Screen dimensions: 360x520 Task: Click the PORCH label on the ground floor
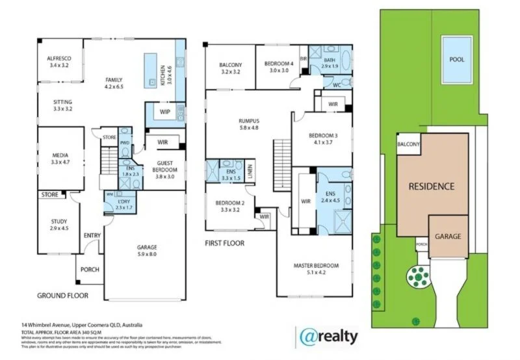[89, 270]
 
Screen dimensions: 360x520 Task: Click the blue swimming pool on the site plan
[457, 59]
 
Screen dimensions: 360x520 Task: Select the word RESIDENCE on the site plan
[431, 186]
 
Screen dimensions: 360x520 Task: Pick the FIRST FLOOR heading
[224, 243]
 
